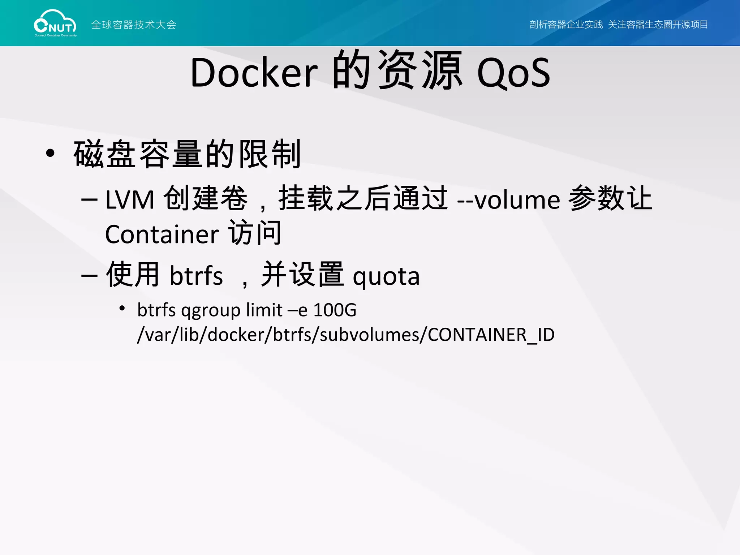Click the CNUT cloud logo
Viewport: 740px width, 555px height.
coord(55,23)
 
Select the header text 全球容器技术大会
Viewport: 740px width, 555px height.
coord(134,25)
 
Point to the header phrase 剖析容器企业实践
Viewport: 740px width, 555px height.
coord(566,25)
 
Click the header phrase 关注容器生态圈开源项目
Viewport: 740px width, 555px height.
coord(658,25)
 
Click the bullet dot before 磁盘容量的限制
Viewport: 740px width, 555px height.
coord(50,153)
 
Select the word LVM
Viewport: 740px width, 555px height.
coord(130,200)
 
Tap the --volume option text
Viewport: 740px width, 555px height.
coord(508,200)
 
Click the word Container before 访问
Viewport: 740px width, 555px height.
coord(162,235)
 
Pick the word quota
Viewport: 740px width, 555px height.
coord(386,276)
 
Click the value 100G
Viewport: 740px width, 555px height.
coord(335,310)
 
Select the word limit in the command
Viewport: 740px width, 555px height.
coord(264,310)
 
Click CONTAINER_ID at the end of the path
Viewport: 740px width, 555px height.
coord(491,335)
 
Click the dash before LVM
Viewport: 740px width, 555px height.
coord(89,199)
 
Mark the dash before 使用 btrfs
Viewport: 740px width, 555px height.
coord(89,276)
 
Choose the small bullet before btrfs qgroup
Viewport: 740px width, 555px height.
coord(122,308)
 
